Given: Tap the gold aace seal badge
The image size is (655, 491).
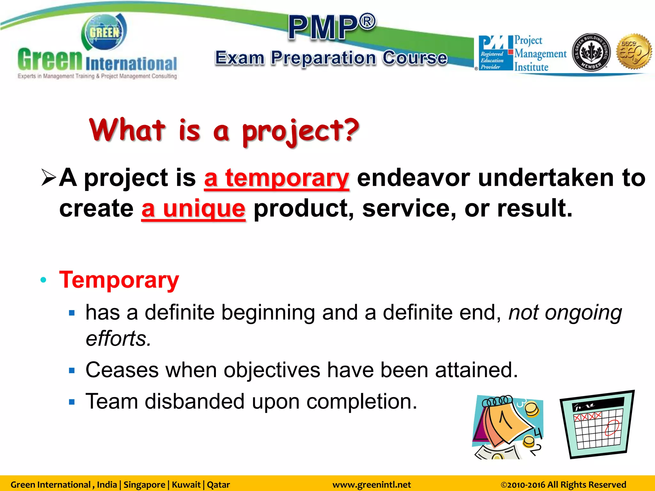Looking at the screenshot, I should point(634,52).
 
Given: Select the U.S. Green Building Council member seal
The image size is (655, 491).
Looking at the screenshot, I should point(591,52).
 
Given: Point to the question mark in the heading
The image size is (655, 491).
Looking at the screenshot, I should point(348,129).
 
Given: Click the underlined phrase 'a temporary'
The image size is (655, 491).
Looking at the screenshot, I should point(276,178).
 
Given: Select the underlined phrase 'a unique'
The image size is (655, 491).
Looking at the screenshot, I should point(193,208).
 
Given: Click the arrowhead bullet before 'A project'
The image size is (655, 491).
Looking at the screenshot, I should point(49,177).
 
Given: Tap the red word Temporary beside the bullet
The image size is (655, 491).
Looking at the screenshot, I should point(119,280).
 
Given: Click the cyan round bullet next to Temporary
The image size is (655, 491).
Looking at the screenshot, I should point(43,280).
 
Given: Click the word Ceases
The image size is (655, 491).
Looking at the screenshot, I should point(122,370).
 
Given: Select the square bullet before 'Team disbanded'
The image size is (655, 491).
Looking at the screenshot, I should point(72,402).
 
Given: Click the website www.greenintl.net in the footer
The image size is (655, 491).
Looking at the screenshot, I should point(371,485).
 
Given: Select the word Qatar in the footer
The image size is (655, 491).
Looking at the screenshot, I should point(218,485).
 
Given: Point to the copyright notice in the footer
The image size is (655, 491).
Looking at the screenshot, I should point(563,485).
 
